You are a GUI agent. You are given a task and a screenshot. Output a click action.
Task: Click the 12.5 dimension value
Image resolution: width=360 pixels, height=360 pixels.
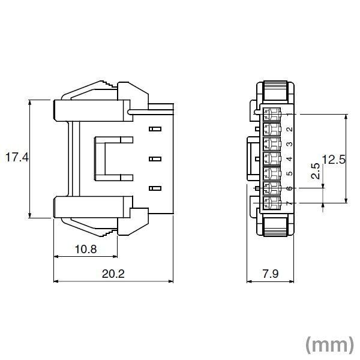pyautogui.click(x=334, y=159)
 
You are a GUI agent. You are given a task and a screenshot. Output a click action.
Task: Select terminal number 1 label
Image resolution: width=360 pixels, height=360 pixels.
pyautogui.click(x=289, y=114)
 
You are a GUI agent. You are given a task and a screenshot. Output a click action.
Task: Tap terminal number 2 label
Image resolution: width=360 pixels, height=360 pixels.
pyautogui.click(x=289, y=129)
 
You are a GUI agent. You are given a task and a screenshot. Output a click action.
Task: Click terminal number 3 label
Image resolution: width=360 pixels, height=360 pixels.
pyautogui.click(x=289, y=144)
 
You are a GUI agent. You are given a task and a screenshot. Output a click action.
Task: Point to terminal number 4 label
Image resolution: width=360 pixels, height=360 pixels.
pyautogui.click(x=289, y=159)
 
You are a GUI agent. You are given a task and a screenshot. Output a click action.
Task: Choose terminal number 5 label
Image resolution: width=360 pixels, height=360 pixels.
pyautogui.click(x=289, y=174)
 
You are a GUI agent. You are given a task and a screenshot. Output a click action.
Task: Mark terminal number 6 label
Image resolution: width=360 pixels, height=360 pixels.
pyautogui.click(x=289, y=189)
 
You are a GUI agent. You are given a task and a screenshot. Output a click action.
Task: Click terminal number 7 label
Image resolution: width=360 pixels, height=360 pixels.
pyautogui.click(x=289, y=204)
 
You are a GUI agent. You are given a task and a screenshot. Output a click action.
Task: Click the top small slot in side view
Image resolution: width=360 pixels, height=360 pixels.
pyautogui.click(x=155, y=129)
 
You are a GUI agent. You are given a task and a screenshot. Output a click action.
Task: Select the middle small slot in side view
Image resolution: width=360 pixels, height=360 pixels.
pyautogui.click(x=155, y=159)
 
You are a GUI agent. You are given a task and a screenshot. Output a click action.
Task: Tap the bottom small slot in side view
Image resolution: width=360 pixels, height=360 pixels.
pyautogui.click(x=155, y=188)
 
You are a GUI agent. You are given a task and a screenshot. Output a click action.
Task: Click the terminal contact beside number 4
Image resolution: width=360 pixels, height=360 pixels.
pyautogui.click(x=272, y=159)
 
